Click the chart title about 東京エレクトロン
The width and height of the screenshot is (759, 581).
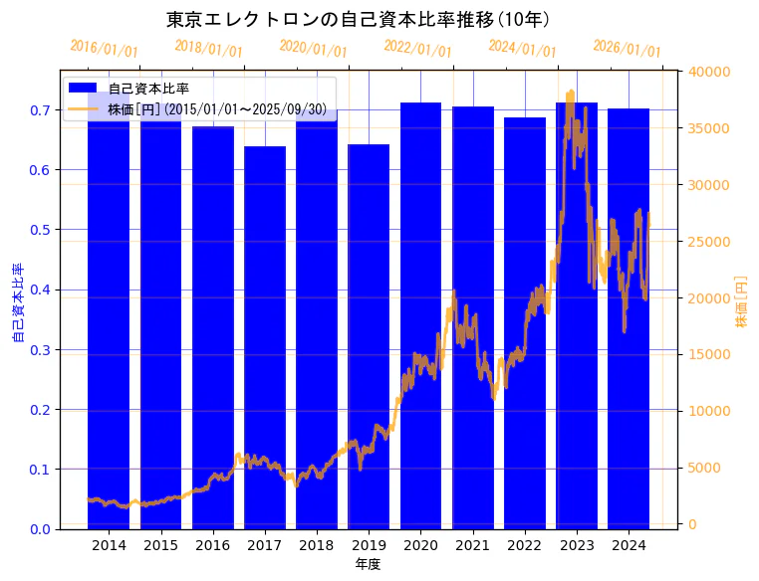tap(359, 19)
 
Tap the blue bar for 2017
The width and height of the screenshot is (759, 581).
tap(265, 338)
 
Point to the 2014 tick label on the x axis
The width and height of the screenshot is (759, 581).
tap(109, 545)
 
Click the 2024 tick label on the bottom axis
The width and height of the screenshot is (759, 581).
tap(629, 545)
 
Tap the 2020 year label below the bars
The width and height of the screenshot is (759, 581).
tap(420, 545)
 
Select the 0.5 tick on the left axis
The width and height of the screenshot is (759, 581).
tap(40, 230)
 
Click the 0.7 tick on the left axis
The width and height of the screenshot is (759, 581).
tap(40, 110)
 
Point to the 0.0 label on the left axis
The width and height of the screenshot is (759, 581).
tap(40, 529)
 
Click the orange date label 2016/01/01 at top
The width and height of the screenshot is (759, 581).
tap(104, 49)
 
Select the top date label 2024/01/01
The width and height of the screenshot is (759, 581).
tap(523, 49)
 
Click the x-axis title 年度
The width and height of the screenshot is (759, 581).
tap(369, 564)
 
